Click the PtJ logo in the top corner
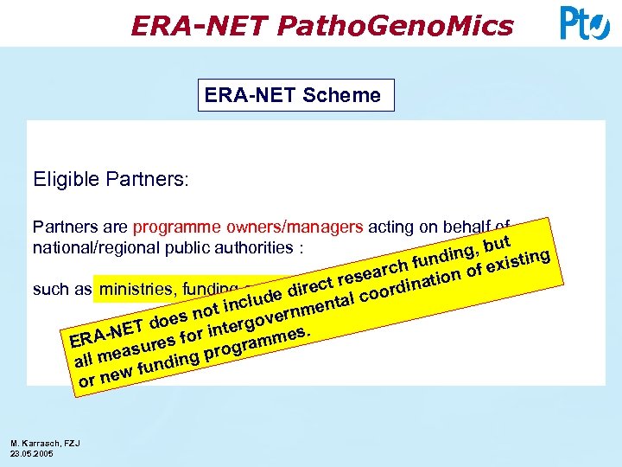(585, 22)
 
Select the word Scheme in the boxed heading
(341, 95)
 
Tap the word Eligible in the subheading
(64, 180)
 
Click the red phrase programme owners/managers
(248, 227)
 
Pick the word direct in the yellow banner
(312, 285)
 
